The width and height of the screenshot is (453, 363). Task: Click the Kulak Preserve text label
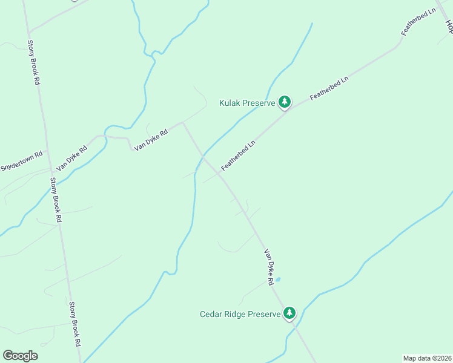point(247,103)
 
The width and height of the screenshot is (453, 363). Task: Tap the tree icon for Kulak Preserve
point(285,103)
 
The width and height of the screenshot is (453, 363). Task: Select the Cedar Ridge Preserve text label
point(240,314)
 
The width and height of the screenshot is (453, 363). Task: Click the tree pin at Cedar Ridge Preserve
point(290,313)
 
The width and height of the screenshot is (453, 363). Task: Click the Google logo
point(20,356)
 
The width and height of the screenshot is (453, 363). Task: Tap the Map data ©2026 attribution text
point(428,358)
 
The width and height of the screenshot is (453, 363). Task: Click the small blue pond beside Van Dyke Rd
point(278,280)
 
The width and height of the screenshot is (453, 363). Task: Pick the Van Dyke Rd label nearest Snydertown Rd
point(71,157)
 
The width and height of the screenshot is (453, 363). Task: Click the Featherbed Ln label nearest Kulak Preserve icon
point(329,88)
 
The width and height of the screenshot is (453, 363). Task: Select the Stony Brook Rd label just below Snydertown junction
point(56,200)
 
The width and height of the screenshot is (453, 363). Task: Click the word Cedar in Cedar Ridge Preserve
point(211,314)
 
